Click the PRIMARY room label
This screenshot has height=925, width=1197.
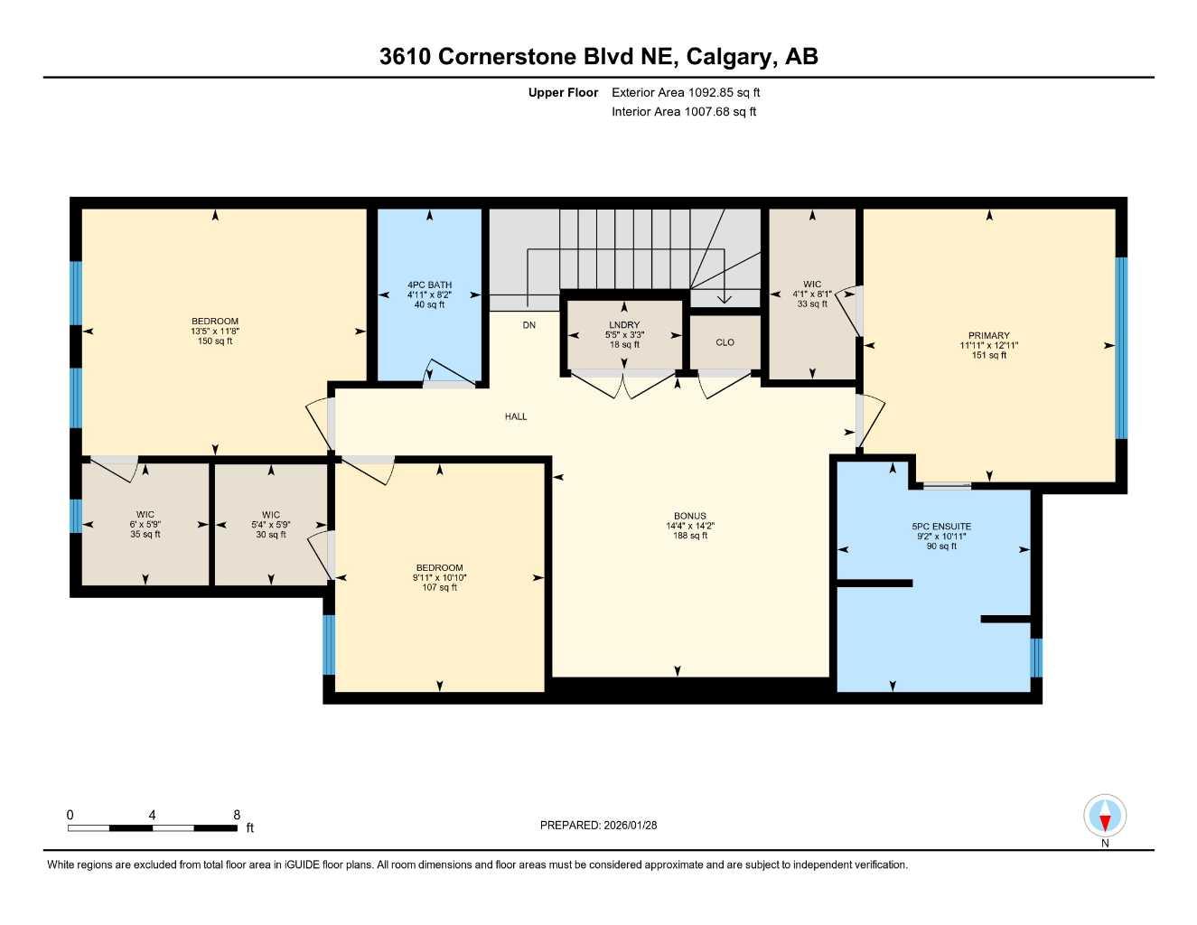988,335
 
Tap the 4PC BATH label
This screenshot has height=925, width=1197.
429,285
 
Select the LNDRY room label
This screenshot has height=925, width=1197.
623,325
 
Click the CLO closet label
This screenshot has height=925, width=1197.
725,342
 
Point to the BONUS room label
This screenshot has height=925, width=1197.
690,516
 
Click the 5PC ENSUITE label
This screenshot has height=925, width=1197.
941,527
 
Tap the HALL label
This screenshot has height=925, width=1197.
516,416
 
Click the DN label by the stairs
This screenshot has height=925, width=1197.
528,325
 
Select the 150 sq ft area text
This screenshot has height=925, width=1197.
215,341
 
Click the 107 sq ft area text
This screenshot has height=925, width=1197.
440,588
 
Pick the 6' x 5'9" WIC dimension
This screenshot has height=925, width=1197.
145,525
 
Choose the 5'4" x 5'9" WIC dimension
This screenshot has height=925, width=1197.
271,525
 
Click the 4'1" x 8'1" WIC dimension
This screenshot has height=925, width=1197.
812,294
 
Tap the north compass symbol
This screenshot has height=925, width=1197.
1104,817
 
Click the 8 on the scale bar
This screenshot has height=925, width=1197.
237,815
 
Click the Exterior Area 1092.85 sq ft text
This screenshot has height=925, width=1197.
686,92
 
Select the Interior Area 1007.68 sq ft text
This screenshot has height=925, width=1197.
684,112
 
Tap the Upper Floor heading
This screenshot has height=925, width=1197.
563,92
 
